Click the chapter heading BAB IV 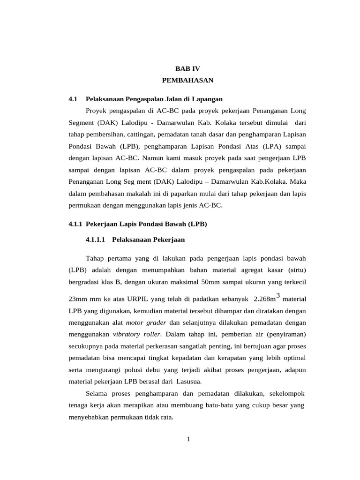[x=187, y=68]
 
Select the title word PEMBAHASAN [x=187, y=81]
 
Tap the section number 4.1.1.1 [x=97, y=240]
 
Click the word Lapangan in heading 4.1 [x=207, y=99]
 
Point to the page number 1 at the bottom [x=187, y=439]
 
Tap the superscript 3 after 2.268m [x=278, y=295]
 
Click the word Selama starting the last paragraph [x=97, y=392]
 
